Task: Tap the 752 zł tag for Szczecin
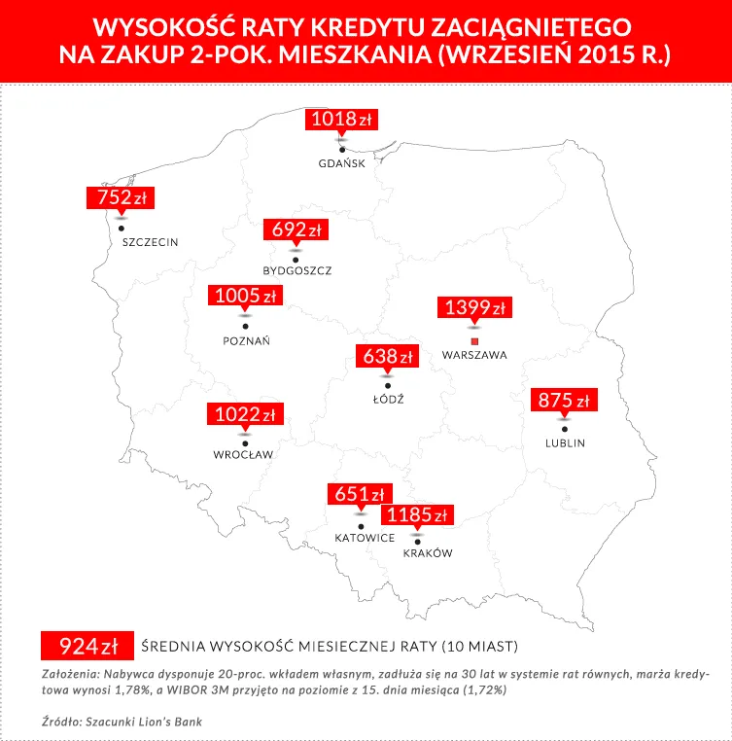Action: click(121, 198)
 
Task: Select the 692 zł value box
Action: click(296, 230)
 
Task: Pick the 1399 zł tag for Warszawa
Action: click(474, 308)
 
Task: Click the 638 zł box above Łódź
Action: click(388, 357)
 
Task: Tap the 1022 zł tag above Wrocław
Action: click(244, 415)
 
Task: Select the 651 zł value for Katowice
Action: click(360, 494)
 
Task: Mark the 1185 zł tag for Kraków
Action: click(417, 515)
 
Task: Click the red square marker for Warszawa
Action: click(474, 341)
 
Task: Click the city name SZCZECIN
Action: click(151, 241)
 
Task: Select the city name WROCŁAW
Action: click(243, 454)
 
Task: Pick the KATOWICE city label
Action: click(364, 537)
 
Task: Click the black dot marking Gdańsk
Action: click(342, 150)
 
